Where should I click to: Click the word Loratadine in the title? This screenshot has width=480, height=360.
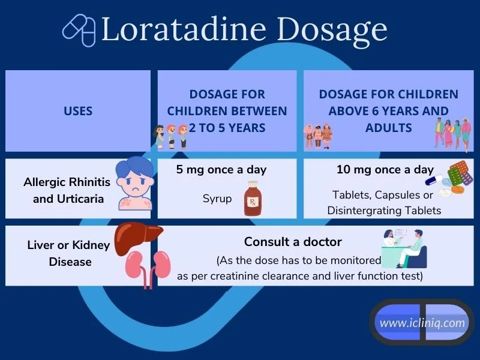pyautogui.click(x=184, y=29)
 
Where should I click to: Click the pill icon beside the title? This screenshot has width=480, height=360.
pyautogui.click(x=79, y=31)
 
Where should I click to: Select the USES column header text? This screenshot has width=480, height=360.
pyautogui.click(x=78, y=111)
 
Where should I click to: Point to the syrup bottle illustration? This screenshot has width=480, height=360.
pyautogui.click(x=253, y=198)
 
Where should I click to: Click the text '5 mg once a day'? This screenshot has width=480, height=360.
pyautogui.click(x=221, y=170)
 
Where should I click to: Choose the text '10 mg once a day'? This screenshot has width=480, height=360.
pyautogui.click(x=385, y=170)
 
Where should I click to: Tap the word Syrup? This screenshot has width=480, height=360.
pyautogui.click(x=217, y=199)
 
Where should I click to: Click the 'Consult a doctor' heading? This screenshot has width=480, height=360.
pyautogui.click(x=293, y=242)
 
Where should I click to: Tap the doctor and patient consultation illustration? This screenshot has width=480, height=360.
pyautogui.click(x=404, y=248)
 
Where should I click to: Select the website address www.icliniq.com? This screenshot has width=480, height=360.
pyautogui.click(x=422, y=323)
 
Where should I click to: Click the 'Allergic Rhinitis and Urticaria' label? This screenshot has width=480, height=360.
pyautogui.click(x=67, y=190)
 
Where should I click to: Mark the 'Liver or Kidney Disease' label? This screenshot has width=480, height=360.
pyautogui.click(x=68, y=253)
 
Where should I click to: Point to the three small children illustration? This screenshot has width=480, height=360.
pyautogui.click(x=170, y=137)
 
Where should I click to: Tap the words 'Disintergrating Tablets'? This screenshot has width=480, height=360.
pyautogui.click(x=384, y=211)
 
